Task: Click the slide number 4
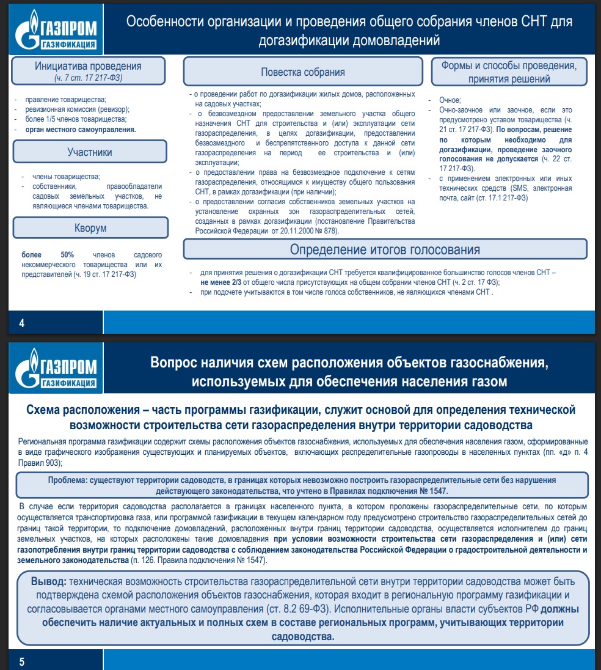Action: [21, 323]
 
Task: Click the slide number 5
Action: [21, 661]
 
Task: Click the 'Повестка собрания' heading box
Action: [303, 72]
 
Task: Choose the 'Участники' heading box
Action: [89, 152]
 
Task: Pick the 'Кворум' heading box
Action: [89, 228]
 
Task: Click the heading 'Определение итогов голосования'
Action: [385, 249]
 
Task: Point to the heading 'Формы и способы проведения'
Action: [509, 65]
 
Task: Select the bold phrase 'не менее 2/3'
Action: [222, 282]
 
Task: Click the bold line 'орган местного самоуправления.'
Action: [81, 130]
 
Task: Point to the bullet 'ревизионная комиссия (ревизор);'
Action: [78, 109]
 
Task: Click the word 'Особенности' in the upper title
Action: [162, 22]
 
